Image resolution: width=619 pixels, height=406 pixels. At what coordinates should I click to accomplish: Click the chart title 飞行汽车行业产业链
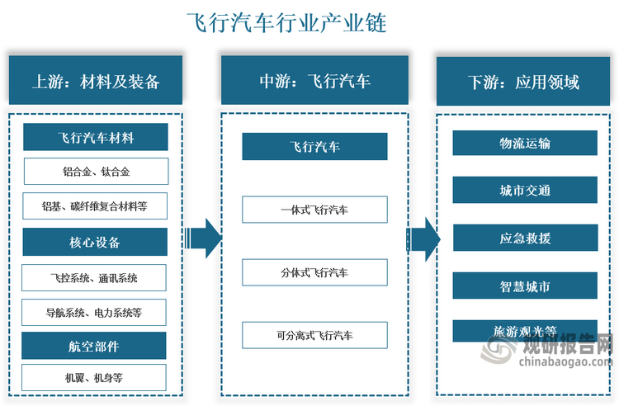point(286,22)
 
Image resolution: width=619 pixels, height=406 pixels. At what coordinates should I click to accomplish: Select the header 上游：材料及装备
point(95,81)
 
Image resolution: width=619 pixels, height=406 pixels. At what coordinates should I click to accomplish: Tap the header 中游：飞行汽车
point(314,81)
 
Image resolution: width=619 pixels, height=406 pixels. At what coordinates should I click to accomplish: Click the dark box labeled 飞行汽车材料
point(96,137)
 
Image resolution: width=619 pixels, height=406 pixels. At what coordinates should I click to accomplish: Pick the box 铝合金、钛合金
point(96,172)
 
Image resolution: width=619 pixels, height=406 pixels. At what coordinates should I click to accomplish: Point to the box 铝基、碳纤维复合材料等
point(96,206)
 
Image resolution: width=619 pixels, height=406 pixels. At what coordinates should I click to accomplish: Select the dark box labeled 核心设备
point(96,242)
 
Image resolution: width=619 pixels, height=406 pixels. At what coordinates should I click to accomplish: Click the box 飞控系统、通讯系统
point(96,277)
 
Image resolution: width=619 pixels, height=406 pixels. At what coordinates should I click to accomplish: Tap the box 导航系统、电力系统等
point(96,312)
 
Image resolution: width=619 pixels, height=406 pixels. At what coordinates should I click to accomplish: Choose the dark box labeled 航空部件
point(96,346)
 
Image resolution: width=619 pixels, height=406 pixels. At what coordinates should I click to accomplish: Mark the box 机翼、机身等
point(96,377)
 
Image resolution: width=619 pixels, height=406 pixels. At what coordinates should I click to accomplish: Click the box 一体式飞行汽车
point(314,210)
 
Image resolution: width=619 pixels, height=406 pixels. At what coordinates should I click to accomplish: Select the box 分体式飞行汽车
point(314,271)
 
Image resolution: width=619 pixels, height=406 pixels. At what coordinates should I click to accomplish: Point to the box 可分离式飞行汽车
point(314,335)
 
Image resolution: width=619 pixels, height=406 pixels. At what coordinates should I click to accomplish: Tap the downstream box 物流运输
point(525,143)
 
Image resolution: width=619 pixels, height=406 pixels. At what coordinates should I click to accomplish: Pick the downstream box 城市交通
point(525,190)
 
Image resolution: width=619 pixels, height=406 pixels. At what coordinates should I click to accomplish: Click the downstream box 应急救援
point(525,238)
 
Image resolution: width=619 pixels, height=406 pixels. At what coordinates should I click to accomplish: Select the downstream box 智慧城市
point(525,286)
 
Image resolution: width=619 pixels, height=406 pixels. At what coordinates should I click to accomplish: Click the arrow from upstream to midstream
point(201,238)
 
